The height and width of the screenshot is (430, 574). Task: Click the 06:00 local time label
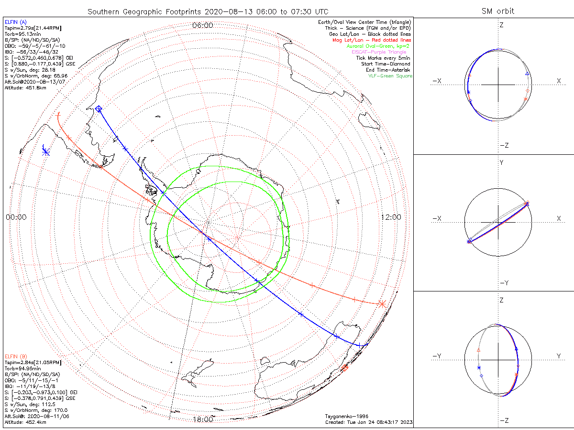202,25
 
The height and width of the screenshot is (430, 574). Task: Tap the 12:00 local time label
391,217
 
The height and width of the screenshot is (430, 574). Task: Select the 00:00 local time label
16,217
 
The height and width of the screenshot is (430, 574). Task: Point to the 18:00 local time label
202,419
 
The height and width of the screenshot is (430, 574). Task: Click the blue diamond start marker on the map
99,109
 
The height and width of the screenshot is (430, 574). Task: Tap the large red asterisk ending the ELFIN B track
382,303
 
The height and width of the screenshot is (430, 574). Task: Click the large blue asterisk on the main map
46,152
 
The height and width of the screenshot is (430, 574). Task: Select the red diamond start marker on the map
344,368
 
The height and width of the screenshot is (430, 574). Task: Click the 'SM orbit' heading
498,11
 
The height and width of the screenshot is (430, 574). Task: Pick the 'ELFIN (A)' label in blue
16,22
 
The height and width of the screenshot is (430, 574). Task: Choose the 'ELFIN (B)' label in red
16,356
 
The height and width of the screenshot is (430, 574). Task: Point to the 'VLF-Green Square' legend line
390,76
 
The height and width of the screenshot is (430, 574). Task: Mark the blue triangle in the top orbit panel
527,73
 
